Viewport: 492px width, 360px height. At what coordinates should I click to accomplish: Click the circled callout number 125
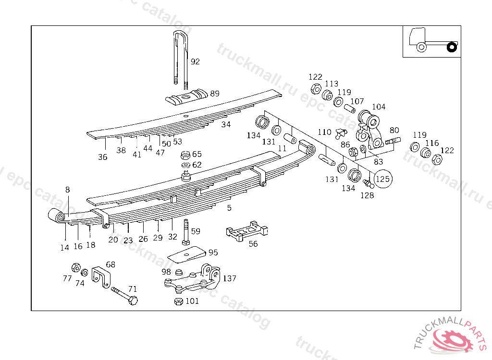(x=383, y=179)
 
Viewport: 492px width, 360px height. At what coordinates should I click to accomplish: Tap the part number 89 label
(x=214, y=94)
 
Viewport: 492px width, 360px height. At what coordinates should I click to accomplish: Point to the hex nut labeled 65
(x=185, y=156)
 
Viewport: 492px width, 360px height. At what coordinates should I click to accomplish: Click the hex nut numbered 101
(x=178, y=301)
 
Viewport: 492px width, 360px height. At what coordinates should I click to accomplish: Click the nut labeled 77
(x=75, y=267)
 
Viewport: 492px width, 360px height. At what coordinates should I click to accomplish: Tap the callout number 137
(x=230, y=278)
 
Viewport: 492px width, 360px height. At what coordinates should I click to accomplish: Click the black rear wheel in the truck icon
(x=451, y=47)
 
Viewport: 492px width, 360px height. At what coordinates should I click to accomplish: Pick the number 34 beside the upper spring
(x=226, y=125)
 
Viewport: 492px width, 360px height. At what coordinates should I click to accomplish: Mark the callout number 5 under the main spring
(x=229, y=208)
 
